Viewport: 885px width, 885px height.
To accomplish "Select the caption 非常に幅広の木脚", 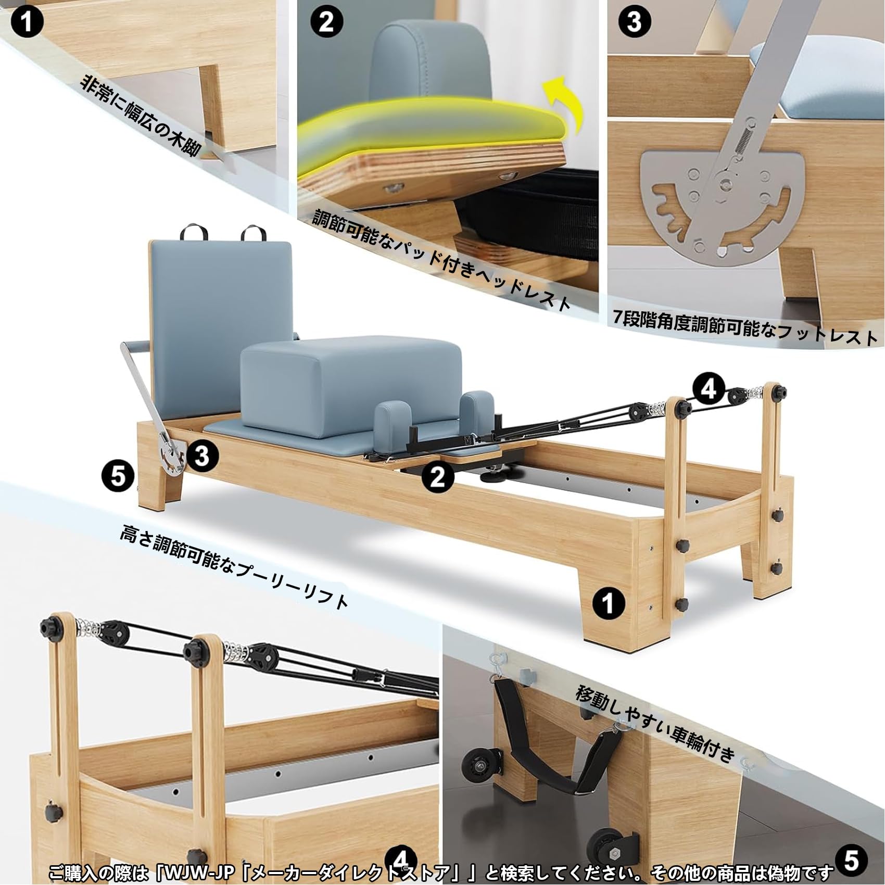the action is click(x=141, y=115).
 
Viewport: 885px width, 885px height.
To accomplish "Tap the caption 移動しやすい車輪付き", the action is click(x=655, y=723).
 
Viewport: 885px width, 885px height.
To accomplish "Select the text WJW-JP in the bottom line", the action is click(x=200, y=872).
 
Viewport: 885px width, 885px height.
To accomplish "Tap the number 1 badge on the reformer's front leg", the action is click(x=609, y=603).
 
